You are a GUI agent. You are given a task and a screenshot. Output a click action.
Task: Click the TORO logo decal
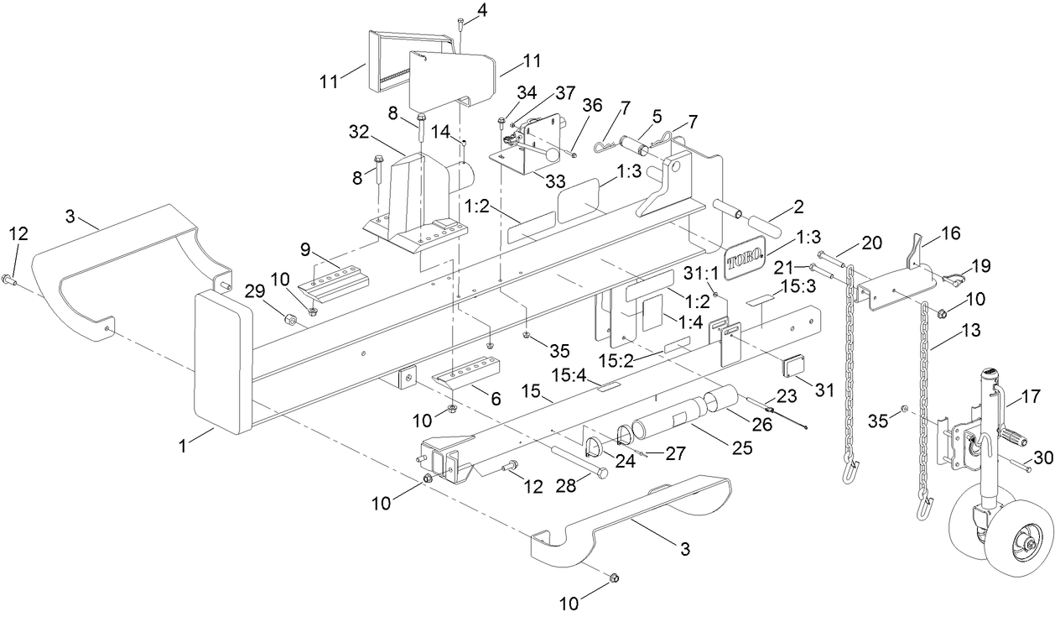pos(746,261)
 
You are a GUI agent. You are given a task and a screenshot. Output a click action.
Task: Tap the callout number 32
pos(359,132)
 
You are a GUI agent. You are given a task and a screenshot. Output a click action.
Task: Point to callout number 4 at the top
pos(481,10)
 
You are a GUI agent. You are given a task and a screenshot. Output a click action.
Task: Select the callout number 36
pos(592,106)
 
